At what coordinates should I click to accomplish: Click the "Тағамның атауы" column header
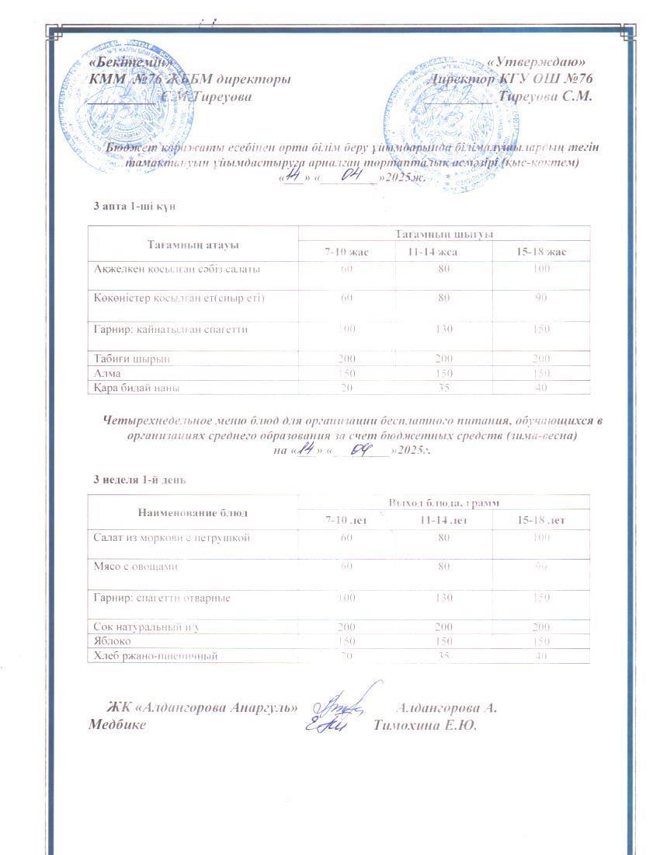(193, 244)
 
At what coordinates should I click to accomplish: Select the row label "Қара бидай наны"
(137, 387)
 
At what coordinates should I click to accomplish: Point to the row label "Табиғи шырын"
(131, 358)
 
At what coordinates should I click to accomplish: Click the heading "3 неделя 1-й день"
(139, 480)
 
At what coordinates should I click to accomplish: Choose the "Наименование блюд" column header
(193, 513)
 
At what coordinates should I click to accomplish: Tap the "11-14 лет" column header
(443, 520)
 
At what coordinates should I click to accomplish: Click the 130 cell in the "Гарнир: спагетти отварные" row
(443, 598)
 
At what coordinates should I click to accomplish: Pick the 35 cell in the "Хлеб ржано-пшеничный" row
(443, 656)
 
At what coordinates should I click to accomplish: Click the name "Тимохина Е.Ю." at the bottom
(425, 726)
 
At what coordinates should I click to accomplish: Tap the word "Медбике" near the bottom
(117, 726)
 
